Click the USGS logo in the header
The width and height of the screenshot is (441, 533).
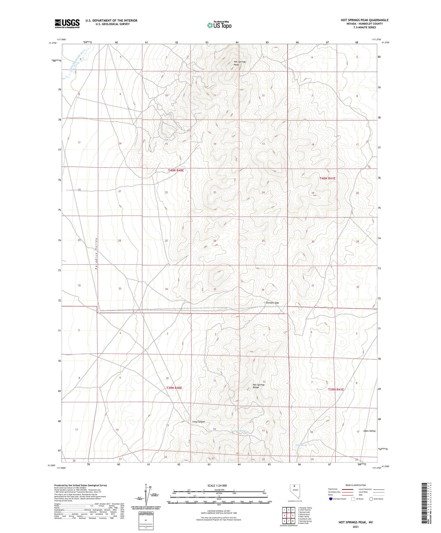67,23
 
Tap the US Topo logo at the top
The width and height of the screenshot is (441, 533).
219,25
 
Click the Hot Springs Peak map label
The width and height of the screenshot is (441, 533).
240,63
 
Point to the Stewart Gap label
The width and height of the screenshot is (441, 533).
272,303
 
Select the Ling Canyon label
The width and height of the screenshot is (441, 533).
199,422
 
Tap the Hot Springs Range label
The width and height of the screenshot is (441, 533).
258,386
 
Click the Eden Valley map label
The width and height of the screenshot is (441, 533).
370,431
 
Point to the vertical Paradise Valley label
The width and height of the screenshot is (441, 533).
96,254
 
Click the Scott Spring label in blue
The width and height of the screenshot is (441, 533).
301,445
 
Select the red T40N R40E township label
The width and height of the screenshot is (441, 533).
176,170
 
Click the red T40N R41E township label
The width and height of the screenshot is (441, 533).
327,178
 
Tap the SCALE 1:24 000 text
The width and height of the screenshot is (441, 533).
217,485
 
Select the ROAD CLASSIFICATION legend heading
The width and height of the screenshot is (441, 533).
356,485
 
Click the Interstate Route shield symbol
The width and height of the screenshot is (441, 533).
331,499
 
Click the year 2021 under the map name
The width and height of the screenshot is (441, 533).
355,527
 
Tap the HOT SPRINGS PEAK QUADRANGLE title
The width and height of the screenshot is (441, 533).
364,20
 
